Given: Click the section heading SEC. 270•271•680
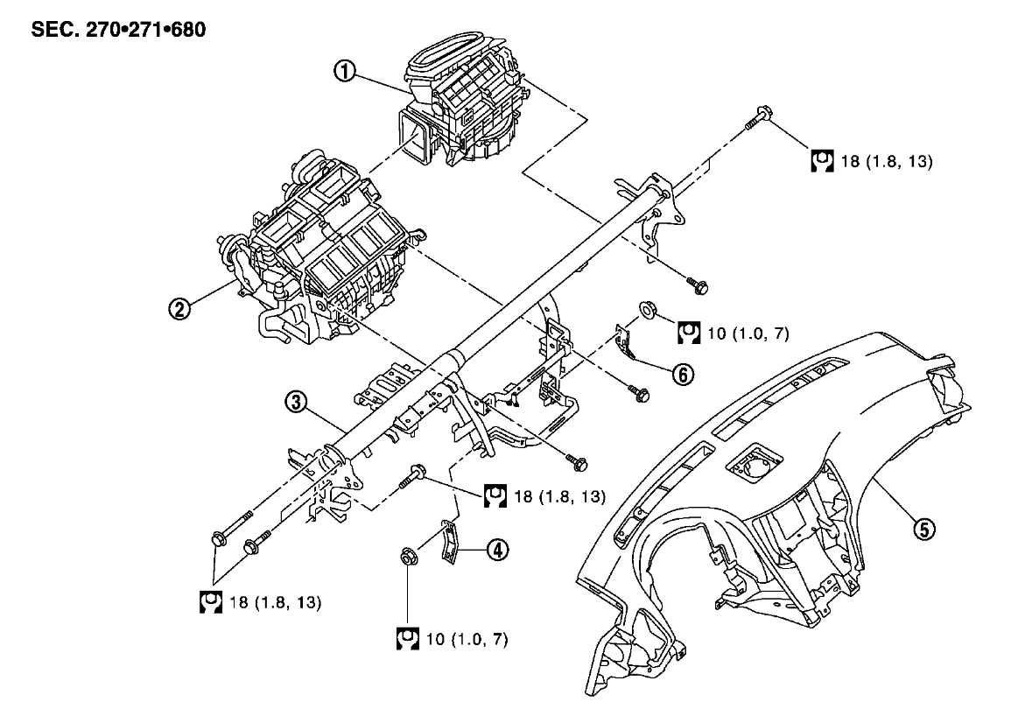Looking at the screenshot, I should (x=119, y=28).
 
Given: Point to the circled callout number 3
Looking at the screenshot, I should (x=298, y=402).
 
